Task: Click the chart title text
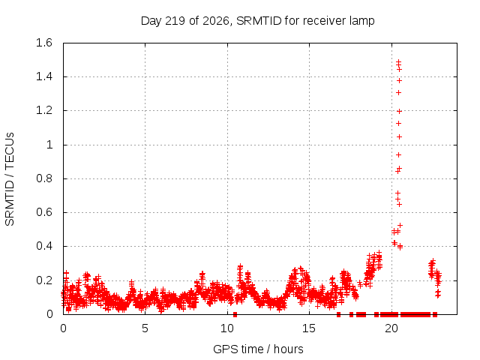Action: pos(257,21)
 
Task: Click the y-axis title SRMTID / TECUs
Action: pos(10,179)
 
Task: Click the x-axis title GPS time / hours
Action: pos(258,349)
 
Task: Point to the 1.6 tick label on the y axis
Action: pos(44,43)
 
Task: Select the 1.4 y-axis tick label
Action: pos(44,76)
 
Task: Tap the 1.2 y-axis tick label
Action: pos(44,110)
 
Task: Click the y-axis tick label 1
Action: pos(49,145)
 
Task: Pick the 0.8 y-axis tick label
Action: pos(44,178)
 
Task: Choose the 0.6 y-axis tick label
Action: pos(44,212)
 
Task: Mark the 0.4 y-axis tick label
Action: pos(44,246)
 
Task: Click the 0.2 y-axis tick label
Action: pos(44,280)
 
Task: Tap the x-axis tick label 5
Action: pos(145,328)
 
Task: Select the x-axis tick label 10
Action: pos(227,328)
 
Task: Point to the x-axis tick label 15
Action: pos(309,328)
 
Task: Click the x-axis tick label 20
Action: pos(391,328)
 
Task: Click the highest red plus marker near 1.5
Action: pos(398,62)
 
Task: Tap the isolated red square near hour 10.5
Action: pos(235,314)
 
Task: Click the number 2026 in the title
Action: pos(216,21)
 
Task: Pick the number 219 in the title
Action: pos(175,21)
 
